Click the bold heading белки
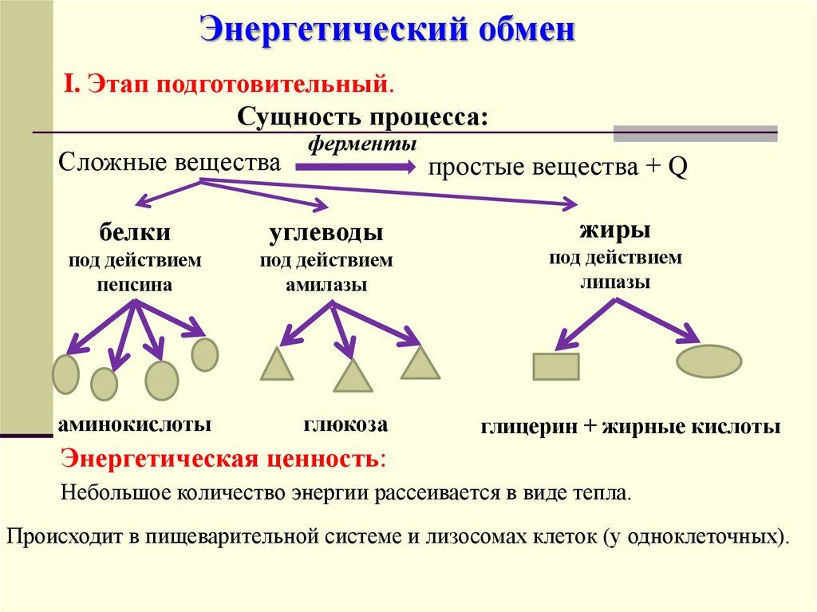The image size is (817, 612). point(135,232)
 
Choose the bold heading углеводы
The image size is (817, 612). point(326,232)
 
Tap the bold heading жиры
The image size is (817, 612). point(614,231)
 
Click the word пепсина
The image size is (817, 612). point(135,285)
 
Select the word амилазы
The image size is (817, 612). point(326,285)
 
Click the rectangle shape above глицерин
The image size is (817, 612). point(555,366)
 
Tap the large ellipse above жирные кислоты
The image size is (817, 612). point(708,361)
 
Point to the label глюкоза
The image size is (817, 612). point(345,424)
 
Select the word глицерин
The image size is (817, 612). point(528,427)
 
